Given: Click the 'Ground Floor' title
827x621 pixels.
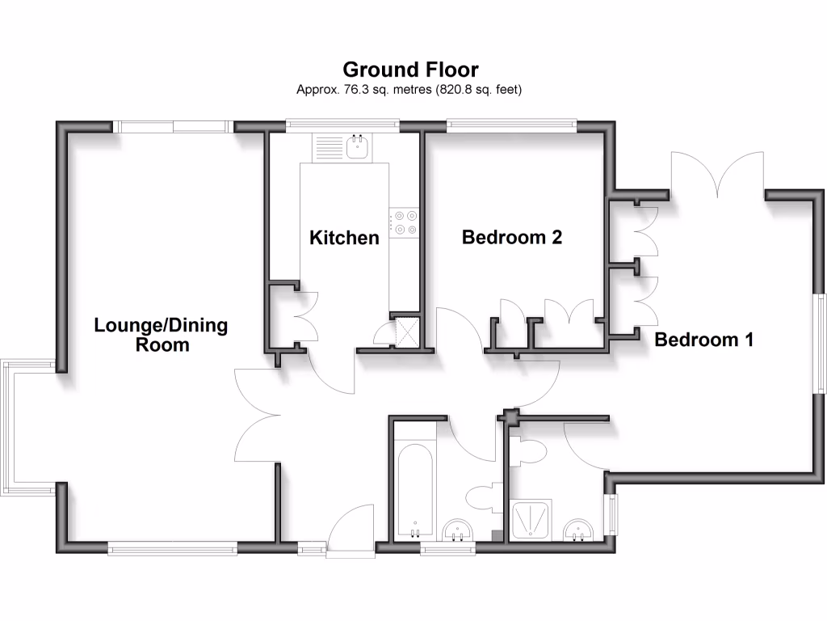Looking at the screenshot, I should pyautogui.click(x=410, y=70).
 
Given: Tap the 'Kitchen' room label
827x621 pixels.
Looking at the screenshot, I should pyautogui.click(x=345, y=238).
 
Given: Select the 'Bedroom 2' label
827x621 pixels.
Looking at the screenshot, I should pyautogui.click(x=511, y=237).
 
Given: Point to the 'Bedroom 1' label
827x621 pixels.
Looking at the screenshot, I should pyautogui.click(x=703, y=340).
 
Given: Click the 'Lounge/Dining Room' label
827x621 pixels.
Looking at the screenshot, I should pyautogui.click(x=161, y=335).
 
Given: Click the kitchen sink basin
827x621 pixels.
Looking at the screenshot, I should pyautogui.click(x=356, y=147).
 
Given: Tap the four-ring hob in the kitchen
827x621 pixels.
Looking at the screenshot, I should pyautogui.click(x=405, y=222).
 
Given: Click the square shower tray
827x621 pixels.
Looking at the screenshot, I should pyautogui.click(x=533, y=520).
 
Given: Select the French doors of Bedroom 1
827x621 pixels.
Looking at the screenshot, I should pyautogui.click(x=716, y=173).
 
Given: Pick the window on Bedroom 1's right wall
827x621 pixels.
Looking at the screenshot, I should pyautogui.click(x=821, y=344).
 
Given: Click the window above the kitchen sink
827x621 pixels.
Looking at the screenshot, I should pyautogui.click(x=342, y=125).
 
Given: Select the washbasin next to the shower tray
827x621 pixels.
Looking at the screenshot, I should pyautogui.click(x=579, y=530).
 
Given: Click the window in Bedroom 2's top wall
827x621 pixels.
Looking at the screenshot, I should pyautogui.click(x=511, y=125).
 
